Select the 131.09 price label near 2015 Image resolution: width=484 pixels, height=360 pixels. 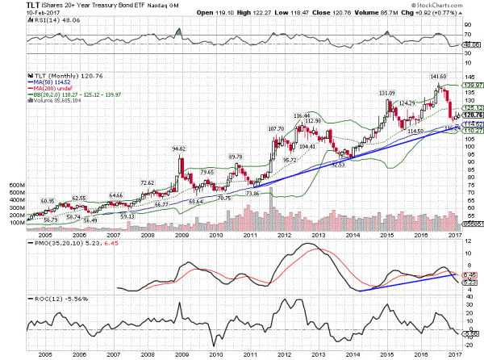(x=388, y=93)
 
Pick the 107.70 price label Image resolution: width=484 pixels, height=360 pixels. (x=277, y=128)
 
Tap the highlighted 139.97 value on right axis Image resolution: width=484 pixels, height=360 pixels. (x=472, y=85)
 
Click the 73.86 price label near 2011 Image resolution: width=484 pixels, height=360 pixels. (x=252, y=194)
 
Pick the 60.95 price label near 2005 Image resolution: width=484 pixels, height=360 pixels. (x=48, y=201)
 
